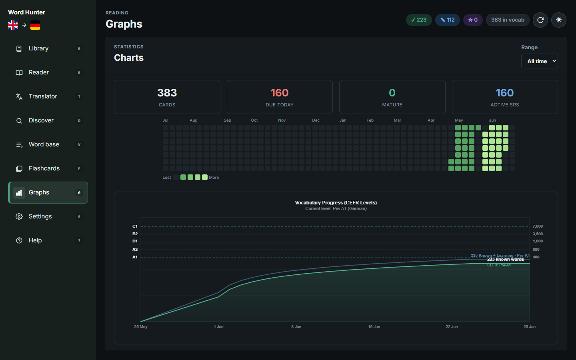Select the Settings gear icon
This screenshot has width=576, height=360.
[x=19, y=216]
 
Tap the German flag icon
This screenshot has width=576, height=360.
[x=35, y=25]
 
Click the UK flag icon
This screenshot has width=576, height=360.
[x=13, y=25]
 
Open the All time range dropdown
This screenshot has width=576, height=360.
[x=539, y=61]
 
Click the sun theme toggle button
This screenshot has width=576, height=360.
[x=558, y=20]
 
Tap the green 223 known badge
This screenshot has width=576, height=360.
[x=419, y=20]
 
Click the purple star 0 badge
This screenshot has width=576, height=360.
[x=473, y=20]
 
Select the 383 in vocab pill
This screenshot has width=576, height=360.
[x=508, y=20]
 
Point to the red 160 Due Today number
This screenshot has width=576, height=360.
[x=280, y=93]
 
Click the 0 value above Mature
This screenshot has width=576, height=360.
[x=392, y=93]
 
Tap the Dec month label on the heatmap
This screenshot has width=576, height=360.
[x=316, y=120]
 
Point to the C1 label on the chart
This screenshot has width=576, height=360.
[x=135, y=226]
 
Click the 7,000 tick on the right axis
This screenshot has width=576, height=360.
[x=538, y=226]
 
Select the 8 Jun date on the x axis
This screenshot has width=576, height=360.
[x=296, y=326]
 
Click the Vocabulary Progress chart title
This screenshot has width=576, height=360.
[x=336, y=203]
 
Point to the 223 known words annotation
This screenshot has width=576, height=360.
[x=506, y=259]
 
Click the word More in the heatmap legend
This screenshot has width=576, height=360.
[x=214, y=178]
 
